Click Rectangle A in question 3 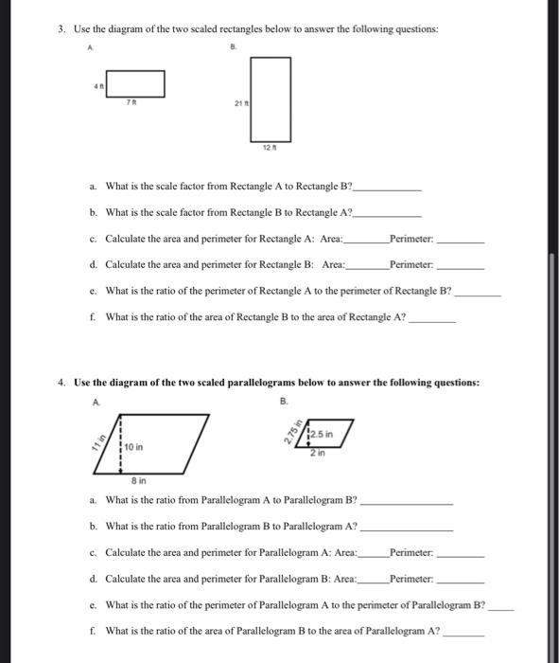click(134, 84)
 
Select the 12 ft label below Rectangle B click(270, 147)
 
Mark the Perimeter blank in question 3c click(460, 241)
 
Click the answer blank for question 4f click(463, 631)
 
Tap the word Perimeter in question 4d click(411, 578)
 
